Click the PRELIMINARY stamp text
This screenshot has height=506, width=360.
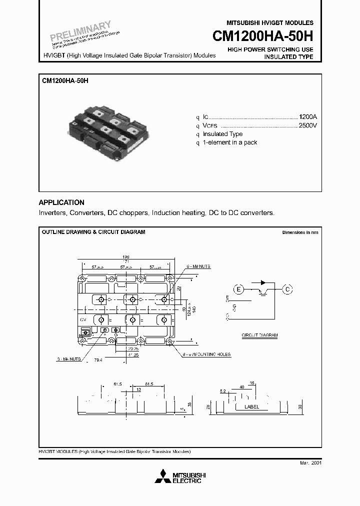click(x=80, y=31)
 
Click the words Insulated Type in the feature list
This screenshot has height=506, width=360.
click(x=222, y=134)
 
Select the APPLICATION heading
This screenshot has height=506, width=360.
click(x=61, y=202)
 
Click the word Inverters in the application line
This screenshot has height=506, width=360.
click(x=53, y=212)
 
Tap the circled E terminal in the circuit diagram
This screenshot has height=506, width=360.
click(x=238, y=289)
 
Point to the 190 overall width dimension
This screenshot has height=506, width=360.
click(x=125, y=256)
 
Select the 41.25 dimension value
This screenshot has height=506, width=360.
click(x=132, y=353)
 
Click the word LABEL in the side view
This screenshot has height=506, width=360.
click(x=251, y=407)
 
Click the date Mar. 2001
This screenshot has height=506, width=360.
click(x=310, y=463)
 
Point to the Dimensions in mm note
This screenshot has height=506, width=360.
click(x=299, y=232)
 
